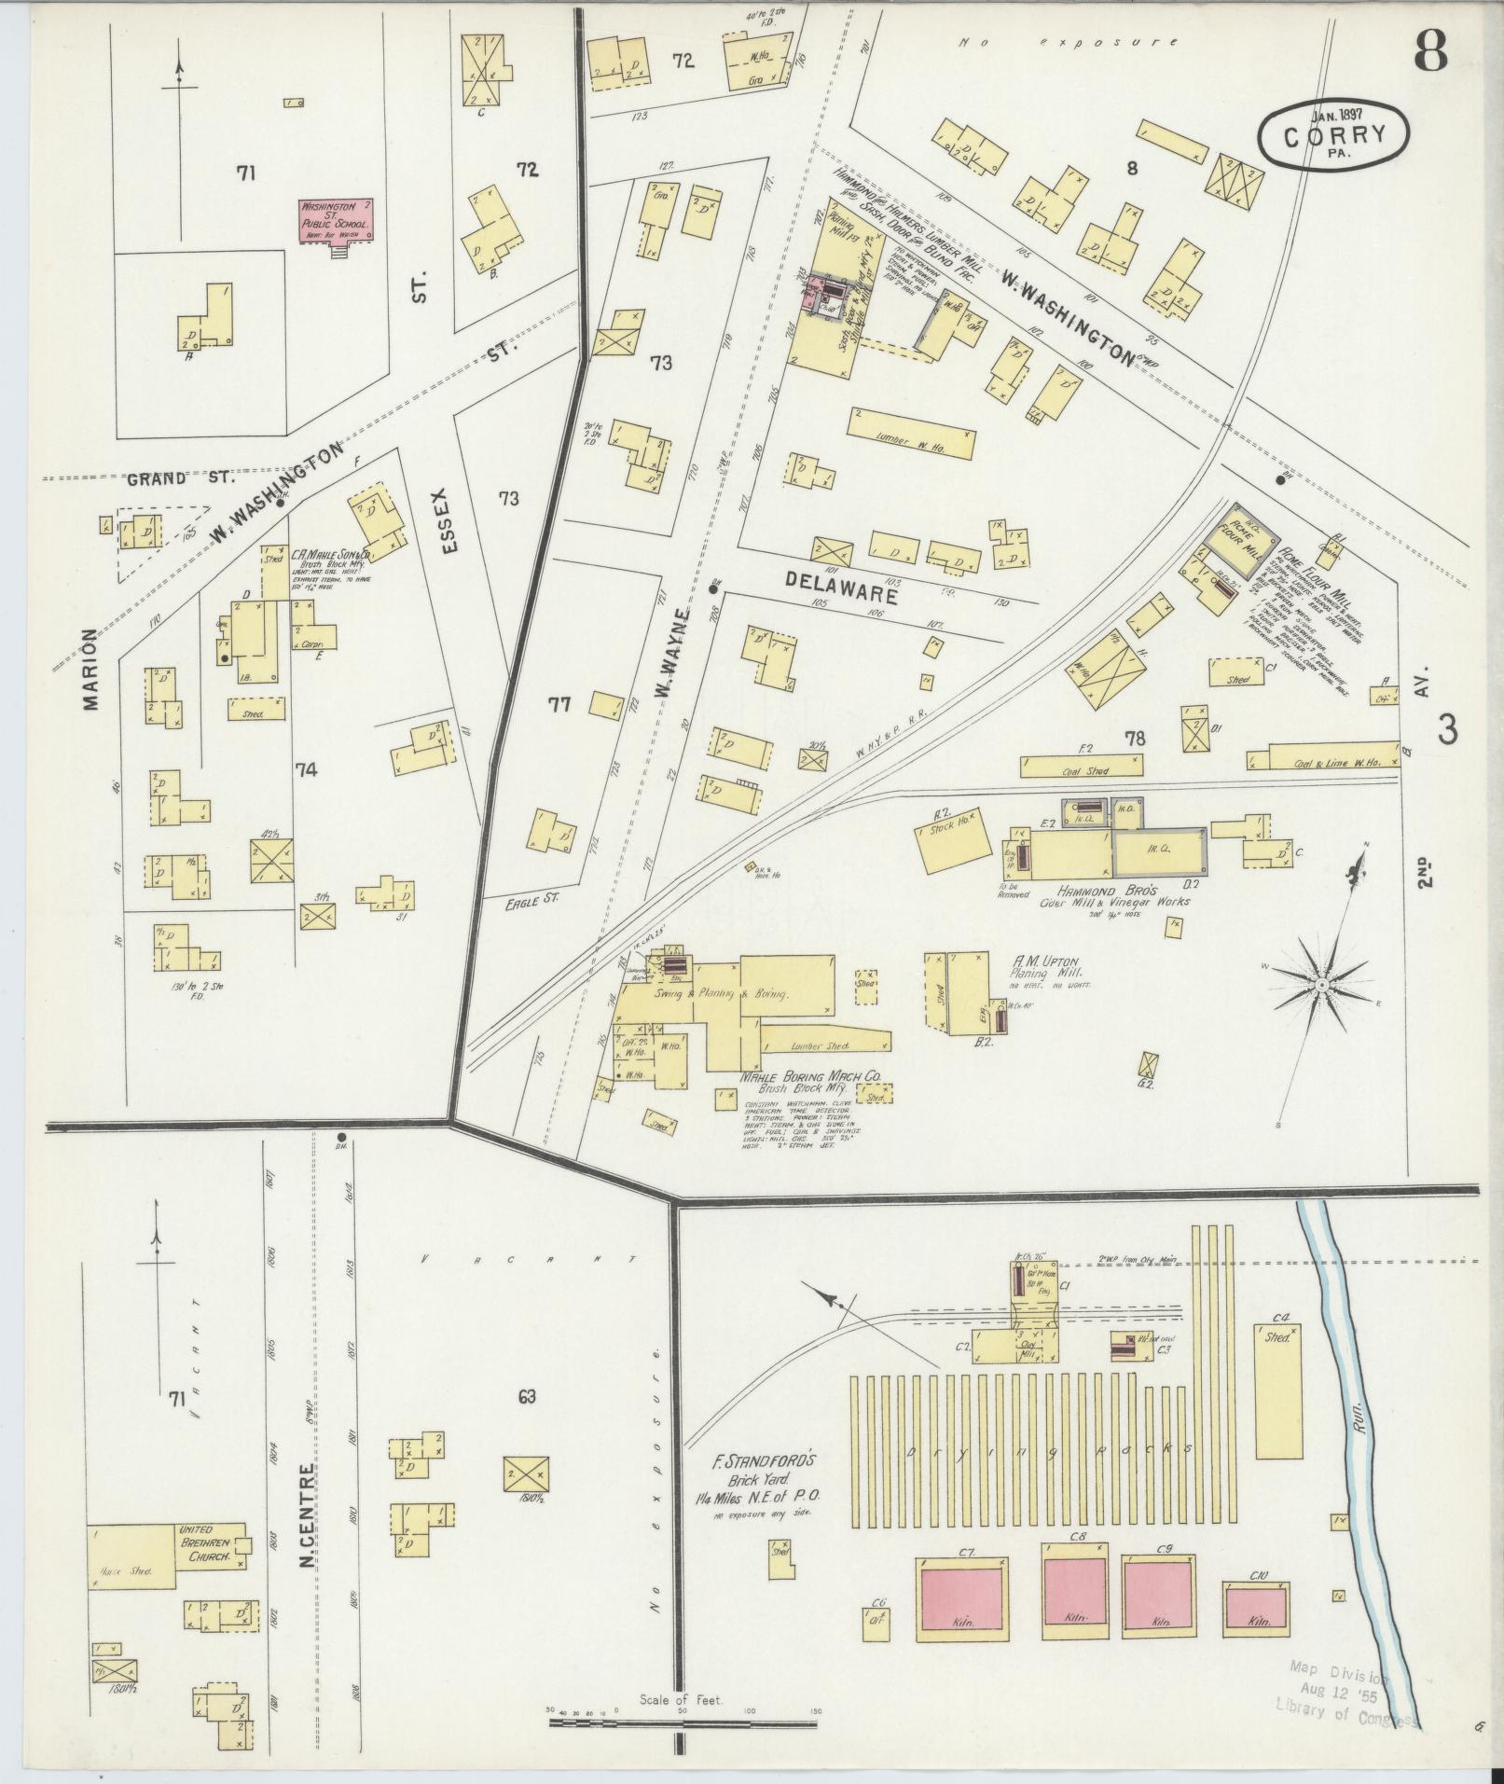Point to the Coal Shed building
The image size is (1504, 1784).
point(1083,767)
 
